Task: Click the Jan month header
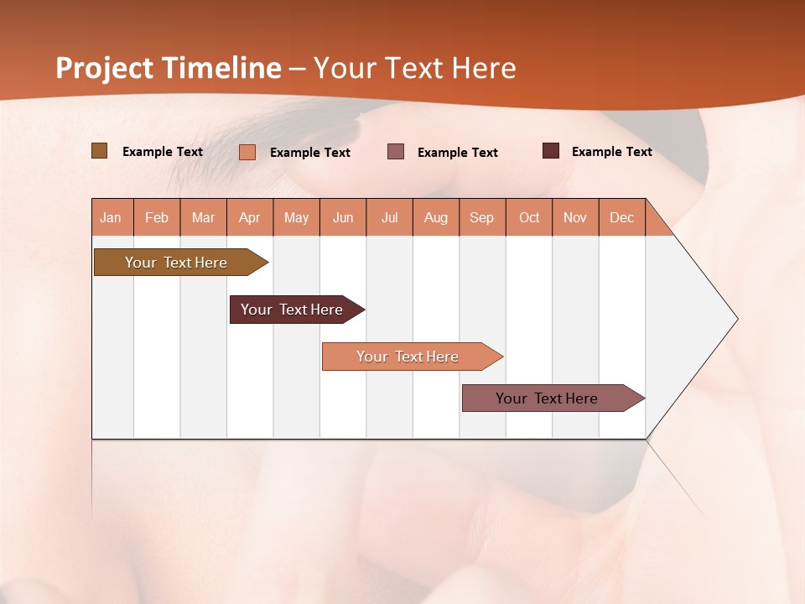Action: [x=112, y=217]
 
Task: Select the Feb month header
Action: [x=157, y=217]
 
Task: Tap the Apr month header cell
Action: [x=250, y=217]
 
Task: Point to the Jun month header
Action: [x=343, y=217]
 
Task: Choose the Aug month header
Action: [x=436, y=217]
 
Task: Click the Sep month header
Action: [x=482, y=217]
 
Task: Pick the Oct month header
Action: [x=529, y=217]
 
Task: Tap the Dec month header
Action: [x=622, y=217]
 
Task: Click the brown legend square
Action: [x=99, y=151]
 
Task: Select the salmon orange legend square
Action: [x=247, y=152]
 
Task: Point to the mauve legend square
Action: [x=396, y=152]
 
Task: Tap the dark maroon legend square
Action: [x=551, y=151]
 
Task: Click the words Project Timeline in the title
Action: [x=169, y=68]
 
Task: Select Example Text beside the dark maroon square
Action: [x=612, y=152]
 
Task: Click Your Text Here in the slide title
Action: [x=415, y=68]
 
